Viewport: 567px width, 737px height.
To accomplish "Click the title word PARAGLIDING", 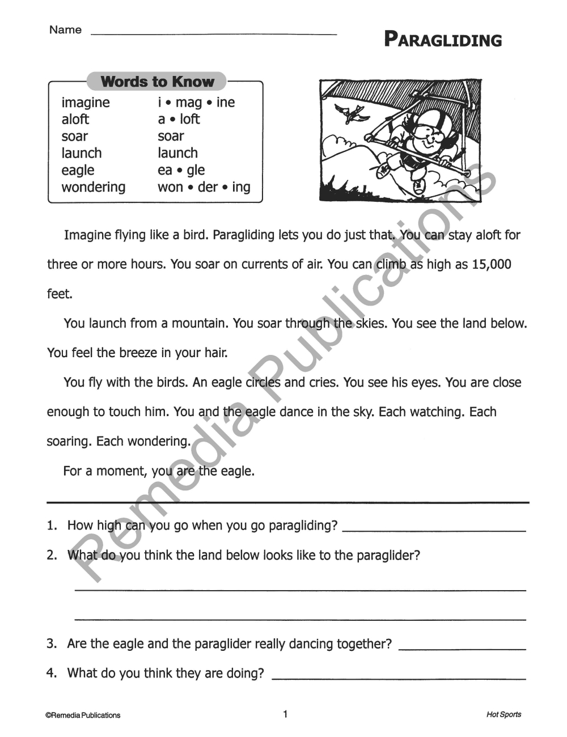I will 443,40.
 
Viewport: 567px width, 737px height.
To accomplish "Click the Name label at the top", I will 65,30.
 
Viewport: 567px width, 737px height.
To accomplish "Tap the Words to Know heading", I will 157,82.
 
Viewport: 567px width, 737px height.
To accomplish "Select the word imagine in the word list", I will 86,103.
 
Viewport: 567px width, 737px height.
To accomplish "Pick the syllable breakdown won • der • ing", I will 204,187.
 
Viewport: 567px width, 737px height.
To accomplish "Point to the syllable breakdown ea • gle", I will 181,170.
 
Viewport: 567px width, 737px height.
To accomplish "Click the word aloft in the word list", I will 75,120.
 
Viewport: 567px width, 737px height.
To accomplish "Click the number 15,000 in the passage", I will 491,265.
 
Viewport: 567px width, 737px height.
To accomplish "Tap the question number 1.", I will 52,526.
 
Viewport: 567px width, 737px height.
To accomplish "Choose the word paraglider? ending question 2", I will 388,556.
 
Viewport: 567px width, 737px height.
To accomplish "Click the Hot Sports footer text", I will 503,715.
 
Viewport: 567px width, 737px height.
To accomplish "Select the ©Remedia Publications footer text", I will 83,715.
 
